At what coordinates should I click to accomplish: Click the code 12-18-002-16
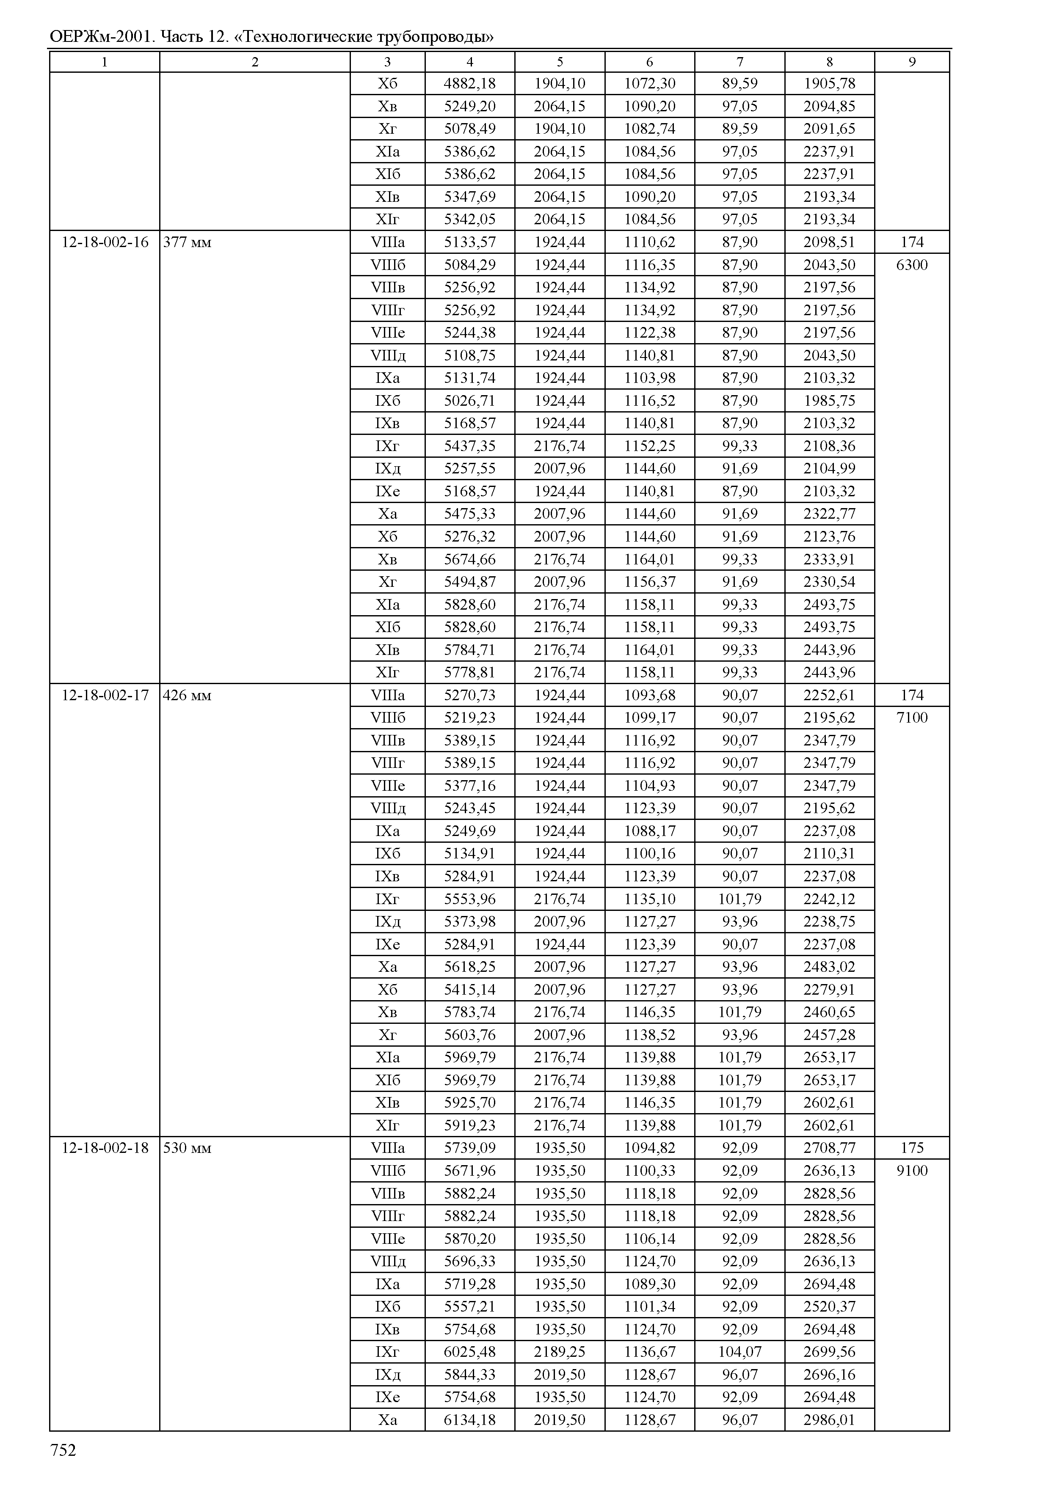(x=105, y=242)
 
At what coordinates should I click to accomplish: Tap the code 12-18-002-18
(x=105, y=1148)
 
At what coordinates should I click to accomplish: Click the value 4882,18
(x=469, y=84)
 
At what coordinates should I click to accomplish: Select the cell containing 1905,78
(x=829, y=84)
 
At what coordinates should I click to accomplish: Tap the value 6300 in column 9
(x=911, y=265)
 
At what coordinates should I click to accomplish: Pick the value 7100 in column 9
(x=911, y=718)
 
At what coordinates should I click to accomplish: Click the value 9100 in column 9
(x=911, y=1170)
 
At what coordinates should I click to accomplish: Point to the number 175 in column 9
(x=911, y=1148)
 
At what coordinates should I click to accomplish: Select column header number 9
(x=911, y=62)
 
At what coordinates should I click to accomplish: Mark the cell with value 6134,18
(x=469, y=1419)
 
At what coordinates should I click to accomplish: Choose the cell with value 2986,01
(x=829, y=1419)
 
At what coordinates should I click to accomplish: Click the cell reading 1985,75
(x=829, y=400)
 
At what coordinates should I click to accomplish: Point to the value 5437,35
(x=469, y=445)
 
